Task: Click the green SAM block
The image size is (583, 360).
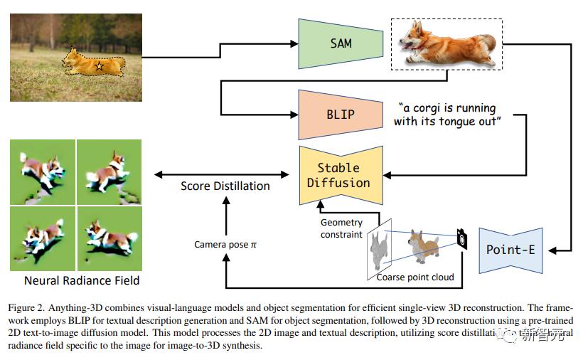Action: coord(341,44)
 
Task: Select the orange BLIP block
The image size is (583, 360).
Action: coord(341,114)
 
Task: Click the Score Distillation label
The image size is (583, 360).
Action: coord(225,186)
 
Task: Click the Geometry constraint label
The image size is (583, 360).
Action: coord(341,228)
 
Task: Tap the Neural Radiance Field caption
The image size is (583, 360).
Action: coord(82,280)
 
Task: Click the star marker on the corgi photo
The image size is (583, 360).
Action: coord(99,66)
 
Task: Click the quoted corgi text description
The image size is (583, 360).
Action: coord(446,115)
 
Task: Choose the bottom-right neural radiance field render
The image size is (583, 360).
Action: coord(109,238)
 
